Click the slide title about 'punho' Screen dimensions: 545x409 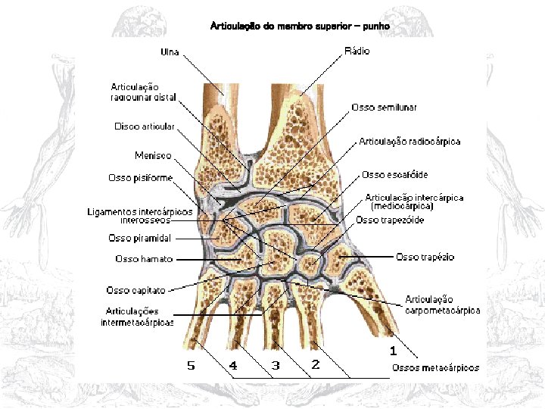pos(300,27)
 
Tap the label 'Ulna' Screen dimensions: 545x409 pos(170,52)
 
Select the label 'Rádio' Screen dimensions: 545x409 pos(357,50)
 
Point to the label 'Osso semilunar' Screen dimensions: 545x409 pos(384,108)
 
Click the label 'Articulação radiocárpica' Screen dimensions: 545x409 pos(410,142)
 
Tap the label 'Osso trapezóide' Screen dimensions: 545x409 pos(390,220)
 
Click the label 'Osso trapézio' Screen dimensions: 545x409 pos(425,258)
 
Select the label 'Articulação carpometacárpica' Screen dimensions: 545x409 pos(442,304)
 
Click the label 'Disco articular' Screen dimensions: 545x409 pos(145,126)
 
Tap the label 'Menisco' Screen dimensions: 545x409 pos(153,155)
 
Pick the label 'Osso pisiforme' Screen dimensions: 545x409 pos(141,178)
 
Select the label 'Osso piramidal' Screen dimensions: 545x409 pos(140,239)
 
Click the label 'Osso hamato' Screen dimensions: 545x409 pos(144,259)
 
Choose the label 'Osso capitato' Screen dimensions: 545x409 pos(136,289)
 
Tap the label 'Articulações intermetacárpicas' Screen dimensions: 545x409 pos(138,317)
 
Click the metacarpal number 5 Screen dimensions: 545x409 pos(191,366)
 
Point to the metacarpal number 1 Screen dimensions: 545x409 pos(393,351)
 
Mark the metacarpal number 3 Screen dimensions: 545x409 pos(276,366)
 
